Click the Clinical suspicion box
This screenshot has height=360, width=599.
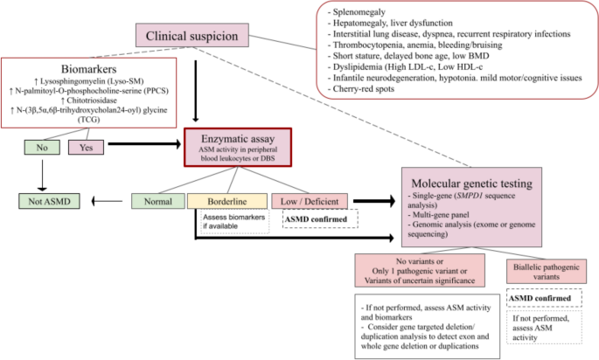pos(192,36)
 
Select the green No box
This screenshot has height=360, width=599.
pos(42,148)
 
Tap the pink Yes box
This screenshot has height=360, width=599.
pos(86,148)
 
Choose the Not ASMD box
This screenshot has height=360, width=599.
pos(49,201)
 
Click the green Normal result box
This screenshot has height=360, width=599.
pos(158,201)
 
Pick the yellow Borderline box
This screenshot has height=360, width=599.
pos(226,201)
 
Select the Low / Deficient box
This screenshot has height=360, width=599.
pos(310,201)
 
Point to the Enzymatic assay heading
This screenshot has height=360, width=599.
pos(238,139)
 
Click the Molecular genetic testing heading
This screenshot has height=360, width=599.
pos(472,183)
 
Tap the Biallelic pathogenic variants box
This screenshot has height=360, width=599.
pos(547,272)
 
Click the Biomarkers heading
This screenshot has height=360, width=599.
pos(88,69)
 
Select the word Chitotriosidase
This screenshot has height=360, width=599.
pos(92,100)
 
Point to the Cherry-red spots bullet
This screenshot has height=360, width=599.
pos(360,88)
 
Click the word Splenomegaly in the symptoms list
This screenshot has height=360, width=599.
pos(359,12)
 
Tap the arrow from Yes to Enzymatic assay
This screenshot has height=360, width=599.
pos(144,144)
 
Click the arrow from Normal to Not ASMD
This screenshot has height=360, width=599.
pos(107,201)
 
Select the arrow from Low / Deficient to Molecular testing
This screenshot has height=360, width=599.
pos(374,201)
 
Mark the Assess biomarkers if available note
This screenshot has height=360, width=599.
pos(233,221)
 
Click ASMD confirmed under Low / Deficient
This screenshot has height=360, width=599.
pos(316,219)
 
